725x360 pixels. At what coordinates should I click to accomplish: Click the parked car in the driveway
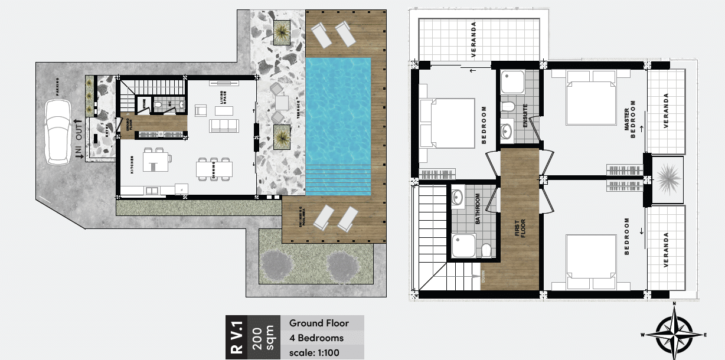pyautogui.click(x=57, y=131)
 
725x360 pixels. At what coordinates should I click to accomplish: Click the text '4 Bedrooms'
pyautogui.click(x=316, y=338)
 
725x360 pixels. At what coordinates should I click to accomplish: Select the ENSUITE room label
pyautogui.click(x=524, y=115)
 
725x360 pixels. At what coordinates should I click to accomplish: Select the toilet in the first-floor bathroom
pyautogui.click(x=486, y=251)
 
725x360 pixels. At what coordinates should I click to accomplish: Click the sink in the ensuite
pyautogui.click(x=507, y=130)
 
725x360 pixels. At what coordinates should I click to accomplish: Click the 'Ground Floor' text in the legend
pyautogui.click(x=319, y=323)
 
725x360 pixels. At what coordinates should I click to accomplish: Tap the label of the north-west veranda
pyautogui.click(x=473, y=39)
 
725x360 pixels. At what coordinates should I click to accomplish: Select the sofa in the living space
pyautogui.click(x=224, y=126)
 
